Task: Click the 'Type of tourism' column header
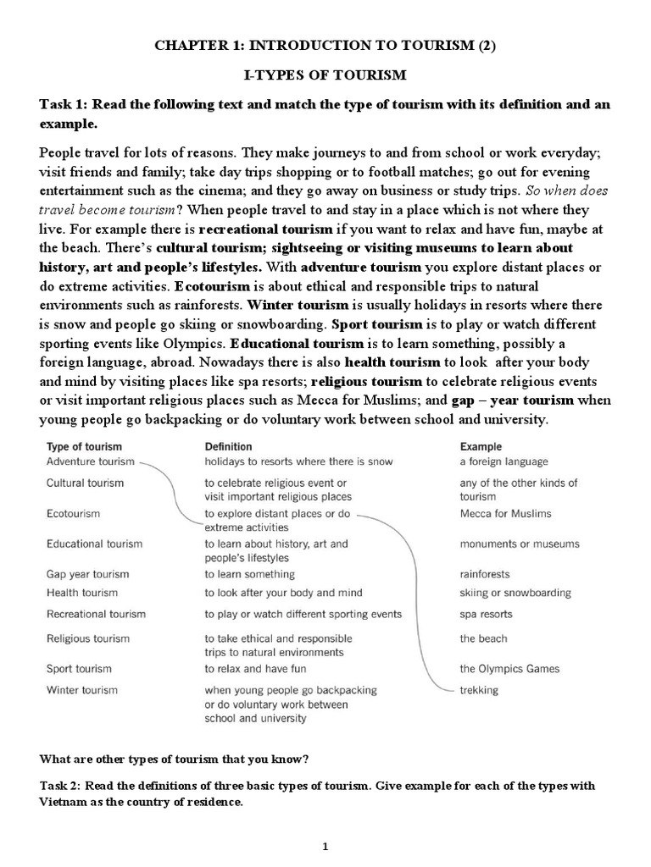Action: [84, 446]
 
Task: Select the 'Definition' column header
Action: [228, 446]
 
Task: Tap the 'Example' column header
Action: [481, 446]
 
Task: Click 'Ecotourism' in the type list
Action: [73, 513]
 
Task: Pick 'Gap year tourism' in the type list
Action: [87, 574]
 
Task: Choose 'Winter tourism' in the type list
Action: [82, 690]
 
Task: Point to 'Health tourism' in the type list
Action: [81, 593]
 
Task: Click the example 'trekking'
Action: [479, 690]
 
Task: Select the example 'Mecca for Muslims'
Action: [505, 513]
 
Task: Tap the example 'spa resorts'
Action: [486, 614]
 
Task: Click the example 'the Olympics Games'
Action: [509, 668]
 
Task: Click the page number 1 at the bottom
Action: [325, 846]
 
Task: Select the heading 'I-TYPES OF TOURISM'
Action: [325, 75]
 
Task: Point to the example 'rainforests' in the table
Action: [485, 574]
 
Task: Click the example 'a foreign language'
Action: [504, 461]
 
